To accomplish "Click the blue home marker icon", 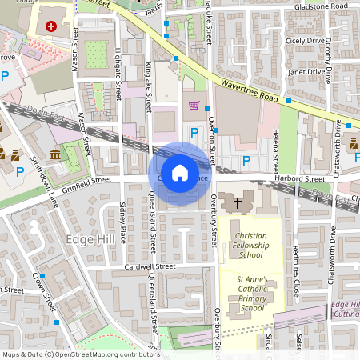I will pyautogui.click(x=180, y=172).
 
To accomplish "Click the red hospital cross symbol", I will pyautogui.click(x=52, y=26).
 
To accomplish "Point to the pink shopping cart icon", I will pyautogui.click(x=193, y=105).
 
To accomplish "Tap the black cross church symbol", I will pyautogui.click(x=237, y=204).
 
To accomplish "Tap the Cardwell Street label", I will pyautogui.click(x=150, y=266).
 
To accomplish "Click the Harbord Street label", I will pyautogui.click(x=302, y=178).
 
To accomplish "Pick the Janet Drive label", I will pyautogui.click(x=304, y=71).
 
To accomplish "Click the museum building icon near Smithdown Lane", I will pyautogui.click(x=54, y=154).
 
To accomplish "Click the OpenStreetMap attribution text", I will pyautogui.click(x=80, y=354).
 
